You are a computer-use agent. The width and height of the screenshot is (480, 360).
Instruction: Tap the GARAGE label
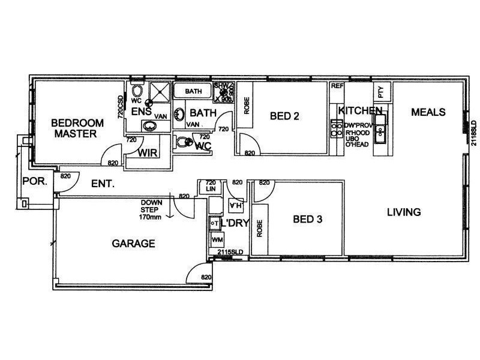point(134,244)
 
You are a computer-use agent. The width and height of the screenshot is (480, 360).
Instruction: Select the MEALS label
point(428,112)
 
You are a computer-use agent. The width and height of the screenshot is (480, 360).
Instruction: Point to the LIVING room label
point(403,212)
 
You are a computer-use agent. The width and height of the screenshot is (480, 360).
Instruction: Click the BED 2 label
point(284,116)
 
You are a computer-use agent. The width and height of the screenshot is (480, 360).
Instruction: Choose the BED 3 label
point(308,220)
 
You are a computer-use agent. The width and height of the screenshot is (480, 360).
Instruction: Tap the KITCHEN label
point(360,111)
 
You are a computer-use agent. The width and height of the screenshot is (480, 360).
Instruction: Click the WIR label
point(148,153)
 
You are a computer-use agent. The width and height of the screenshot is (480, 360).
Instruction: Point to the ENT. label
point(103,184)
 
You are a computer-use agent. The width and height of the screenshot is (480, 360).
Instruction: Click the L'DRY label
point(235,224)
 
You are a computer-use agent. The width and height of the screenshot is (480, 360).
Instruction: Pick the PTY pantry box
point(380,91)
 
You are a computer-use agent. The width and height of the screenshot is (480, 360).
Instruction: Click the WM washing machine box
point(216,240)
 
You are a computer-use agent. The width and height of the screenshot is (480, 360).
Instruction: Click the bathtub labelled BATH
point(193,91)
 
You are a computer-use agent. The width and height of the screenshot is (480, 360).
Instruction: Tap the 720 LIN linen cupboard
point(211,186)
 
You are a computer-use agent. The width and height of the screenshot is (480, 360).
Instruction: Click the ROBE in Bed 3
point(260,228)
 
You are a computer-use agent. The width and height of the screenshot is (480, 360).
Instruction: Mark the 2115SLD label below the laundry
point(229,253)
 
